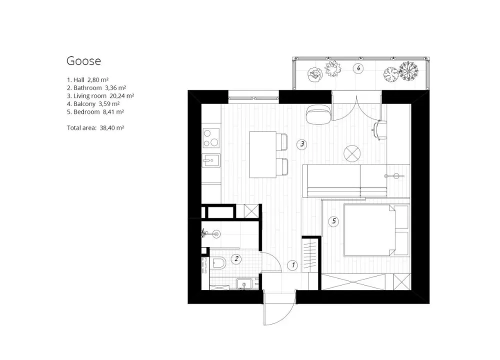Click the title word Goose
tap(83, 61)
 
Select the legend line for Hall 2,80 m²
tap(87, 79)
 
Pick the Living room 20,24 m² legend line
tap(100, 95)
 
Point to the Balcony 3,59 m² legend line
tap(92, 103)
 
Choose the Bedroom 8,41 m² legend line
tap(95, 112)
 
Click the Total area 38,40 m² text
tap(95, 128)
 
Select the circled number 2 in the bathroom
tap(236, 259)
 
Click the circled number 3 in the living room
tap(301, 144)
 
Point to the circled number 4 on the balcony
tap(358, 68)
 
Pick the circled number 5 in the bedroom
tap(334, 220)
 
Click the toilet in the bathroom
tap(218, 263)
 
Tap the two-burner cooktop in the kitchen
tap(210, 137)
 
